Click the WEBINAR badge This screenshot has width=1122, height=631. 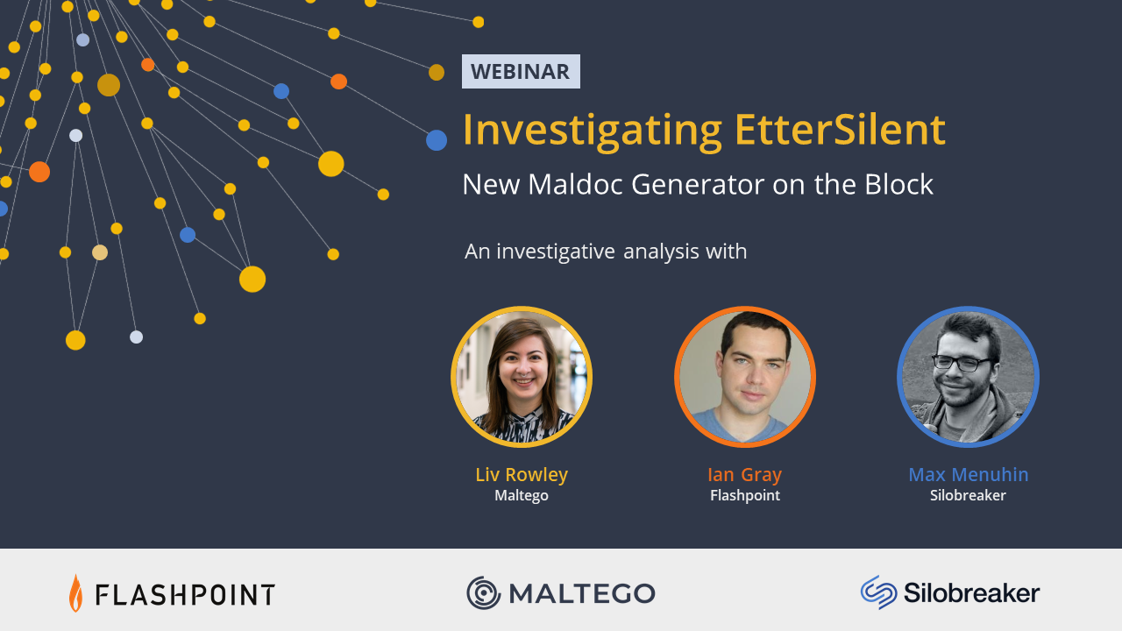click(521, 72)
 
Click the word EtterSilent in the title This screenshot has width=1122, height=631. click(840, 130)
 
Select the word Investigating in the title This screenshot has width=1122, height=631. click(592, 131)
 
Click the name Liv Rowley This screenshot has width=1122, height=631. click(522, 474)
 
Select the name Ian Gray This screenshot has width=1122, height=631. click(745, 474)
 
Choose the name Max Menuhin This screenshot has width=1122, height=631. click(969, 474)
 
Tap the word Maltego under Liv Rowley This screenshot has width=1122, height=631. click(522, 495)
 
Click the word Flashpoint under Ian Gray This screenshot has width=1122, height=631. click(745, 495)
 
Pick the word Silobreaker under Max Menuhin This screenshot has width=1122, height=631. click(968, 495)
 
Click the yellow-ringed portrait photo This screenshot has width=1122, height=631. click(522, 377)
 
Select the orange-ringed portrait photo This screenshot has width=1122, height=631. click(745, 377)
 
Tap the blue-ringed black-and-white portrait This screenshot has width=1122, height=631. click(968, 377)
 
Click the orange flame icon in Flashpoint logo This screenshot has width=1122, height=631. click(75, 593)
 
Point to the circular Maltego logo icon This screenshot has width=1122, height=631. click(483, 593)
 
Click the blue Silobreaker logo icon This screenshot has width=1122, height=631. click(878, 592)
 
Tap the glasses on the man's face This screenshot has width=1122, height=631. click(961, 363)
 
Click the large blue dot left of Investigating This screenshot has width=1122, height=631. click(437, 140)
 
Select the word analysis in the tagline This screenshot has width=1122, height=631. click(661, 252)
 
